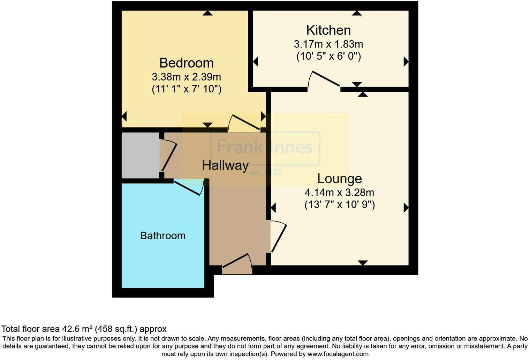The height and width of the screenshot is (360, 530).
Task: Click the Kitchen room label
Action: tap(328, 30)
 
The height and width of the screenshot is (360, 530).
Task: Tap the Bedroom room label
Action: tap(186, 63)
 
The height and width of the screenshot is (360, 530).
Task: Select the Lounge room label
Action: tap(339, 179)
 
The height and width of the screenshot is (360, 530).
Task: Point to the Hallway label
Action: tap(225, 165)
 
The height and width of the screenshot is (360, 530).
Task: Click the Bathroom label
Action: tap(162, 236)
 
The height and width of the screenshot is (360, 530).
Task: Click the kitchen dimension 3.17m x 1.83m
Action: tap(328, 44)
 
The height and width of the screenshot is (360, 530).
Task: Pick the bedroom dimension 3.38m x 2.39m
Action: tap(186, 77)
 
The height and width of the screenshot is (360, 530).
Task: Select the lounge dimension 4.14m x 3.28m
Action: tap(339, 193)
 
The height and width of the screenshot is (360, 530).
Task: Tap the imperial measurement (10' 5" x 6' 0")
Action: tap(328, 56)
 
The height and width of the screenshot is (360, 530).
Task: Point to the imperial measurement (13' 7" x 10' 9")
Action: tap(339, 204)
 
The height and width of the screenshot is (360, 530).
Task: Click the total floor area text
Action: tap(84, 329)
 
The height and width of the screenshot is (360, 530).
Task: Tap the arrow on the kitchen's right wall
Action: tap(406, 62)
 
